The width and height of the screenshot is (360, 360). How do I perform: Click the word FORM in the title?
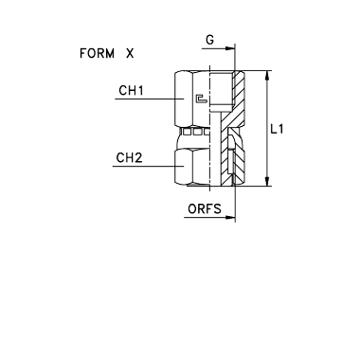coord(97,53)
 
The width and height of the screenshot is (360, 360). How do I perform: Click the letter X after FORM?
coord(130,53)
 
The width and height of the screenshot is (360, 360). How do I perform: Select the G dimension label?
coord(209,40)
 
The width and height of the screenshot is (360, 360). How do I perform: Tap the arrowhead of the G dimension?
coord(230,48)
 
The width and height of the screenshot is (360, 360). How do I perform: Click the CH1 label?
coord(131,91)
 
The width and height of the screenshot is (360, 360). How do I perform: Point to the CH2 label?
coord(129,157)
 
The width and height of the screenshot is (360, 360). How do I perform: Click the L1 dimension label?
coord(278,129)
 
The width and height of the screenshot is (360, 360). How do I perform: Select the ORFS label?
coord(205,208)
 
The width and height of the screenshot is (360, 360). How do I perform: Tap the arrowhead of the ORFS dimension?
coord(230,217)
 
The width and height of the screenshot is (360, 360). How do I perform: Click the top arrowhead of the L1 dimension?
coord(267,76)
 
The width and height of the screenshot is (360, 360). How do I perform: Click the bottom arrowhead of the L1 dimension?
coord(267,181)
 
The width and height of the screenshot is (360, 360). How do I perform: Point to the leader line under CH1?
coord(149,99)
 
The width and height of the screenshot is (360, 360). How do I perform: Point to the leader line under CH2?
coord(148,166)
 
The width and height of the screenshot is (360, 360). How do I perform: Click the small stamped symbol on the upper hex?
coord(201,99)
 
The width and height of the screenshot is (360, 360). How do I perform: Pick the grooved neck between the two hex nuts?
coord(194,132)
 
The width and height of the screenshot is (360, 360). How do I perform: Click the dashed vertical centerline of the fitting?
coord(210,128)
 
